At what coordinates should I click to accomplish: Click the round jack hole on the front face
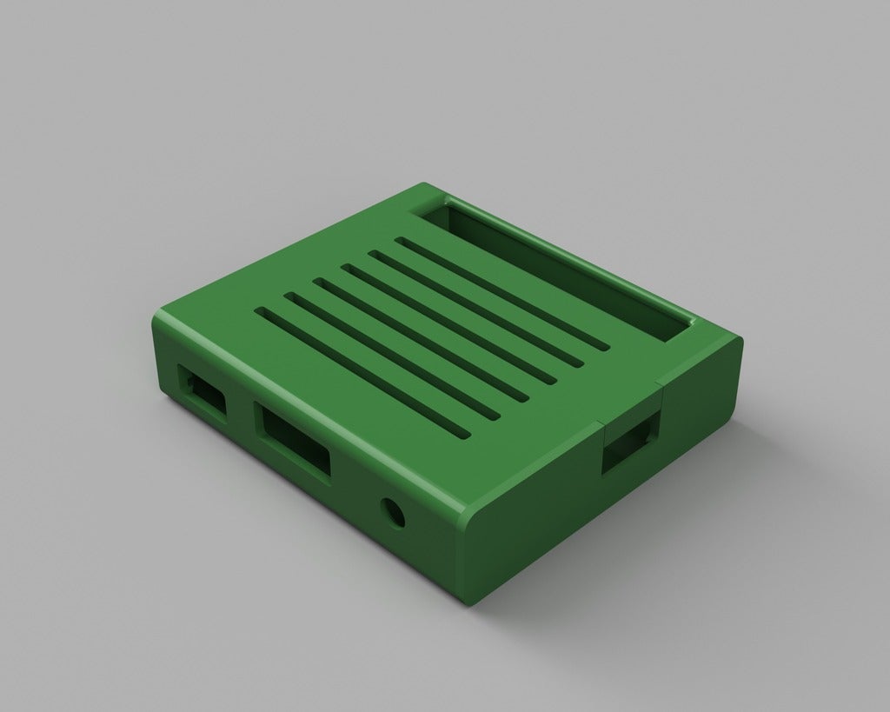[393, 513]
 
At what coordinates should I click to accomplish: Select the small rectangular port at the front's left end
[202, 394]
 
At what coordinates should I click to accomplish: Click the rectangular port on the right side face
[631, 444]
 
